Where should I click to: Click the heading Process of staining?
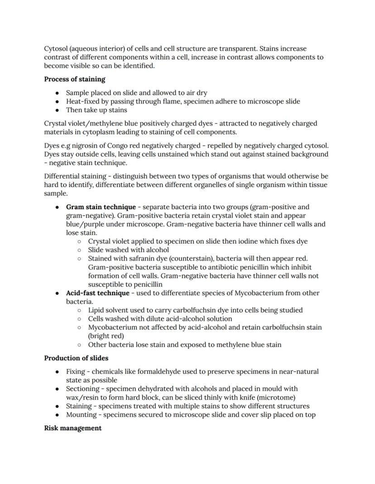pyautogui.click(x=74, y=79)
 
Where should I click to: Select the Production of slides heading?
pyautogui.click(x=76, y=358)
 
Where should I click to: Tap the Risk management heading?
pyautogui.click(x=72, y=428)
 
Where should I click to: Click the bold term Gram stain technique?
pyautogui.click(x=101, y=207)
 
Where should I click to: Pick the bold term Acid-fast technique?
pyautogui.click(x=97, y=293)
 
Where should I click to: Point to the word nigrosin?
pyautogui.click(x=89, y=146)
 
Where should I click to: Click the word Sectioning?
pyautogui.click(x=82, y=389)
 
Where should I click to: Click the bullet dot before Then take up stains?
pyautogui.click(x=57, y=110)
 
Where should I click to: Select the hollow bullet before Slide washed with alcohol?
pyautogui.click(x=79, y=250)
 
